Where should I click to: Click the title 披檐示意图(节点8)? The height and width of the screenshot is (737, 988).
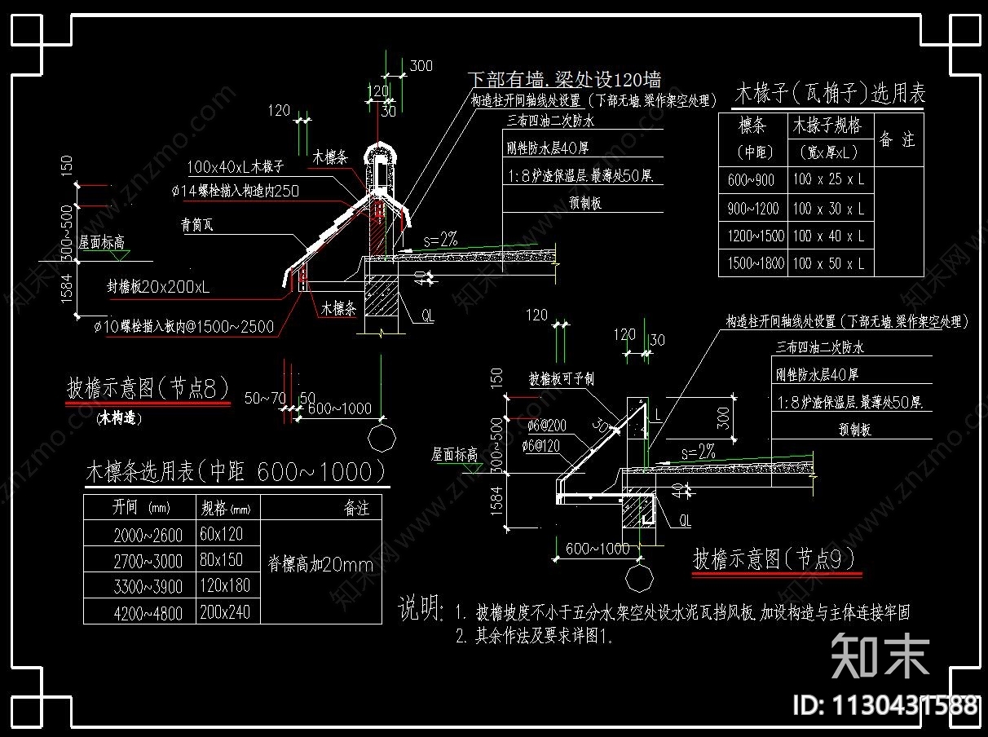[148, 388]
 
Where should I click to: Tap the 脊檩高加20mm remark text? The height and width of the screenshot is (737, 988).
[320, 564]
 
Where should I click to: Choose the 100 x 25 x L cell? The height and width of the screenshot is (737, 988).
[828, 180]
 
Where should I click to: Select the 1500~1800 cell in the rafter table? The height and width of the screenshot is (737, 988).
[752, 263]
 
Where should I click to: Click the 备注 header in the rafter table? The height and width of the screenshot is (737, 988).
[897, 139]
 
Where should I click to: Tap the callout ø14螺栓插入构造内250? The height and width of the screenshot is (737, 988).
[235, 192]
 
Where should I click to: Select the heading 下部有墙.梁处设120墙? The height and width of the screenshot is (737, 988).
[564, 80]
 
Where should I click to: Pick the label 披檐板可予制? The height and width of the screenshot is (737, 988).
[562, 379]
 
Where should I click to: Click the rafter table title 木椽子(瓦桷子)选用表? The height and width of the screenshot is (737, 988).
[830, 93]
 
